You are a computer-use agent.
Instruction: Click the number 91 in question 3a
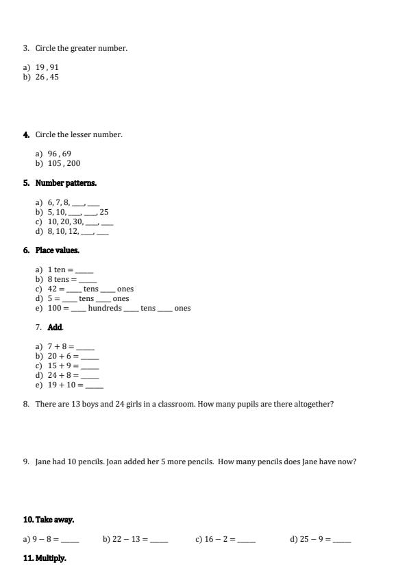pyautogui.click(x=54, y=67)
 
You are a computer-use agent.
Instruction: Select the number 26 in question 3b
pyautogui.click(x=40, y=77)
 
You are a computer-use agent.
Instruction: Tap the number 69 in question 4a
pyautogui.click(x=66, y=154)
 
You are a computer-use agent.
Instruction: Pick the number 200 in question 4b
pyautogui.click(x=74, y=163)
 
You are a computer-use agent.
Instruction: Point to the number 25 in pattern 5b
pyautogui.click(x=104, y=212)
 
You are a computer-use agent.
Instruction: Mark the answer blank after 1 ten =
pyautogui.click(x=84, y=270)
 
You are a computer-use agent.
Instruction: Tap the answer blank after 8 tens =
pyautogui.click(x=88, y=280)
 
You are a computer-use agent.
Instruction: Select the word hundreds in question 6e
pyautogui.click(x=105, y=309)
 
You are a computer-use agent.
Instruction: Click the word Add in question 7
pyautogui.click(x=55, y=327)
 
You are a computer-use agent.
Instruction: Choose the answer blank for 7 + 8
pyautogui.click(x=86, y=347)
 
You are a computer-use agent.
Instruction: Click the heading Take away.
pyautogui.click(x=55, y=520)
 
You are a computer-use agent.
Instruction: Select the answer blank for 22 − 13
pyautogui.click(x=159, y=540)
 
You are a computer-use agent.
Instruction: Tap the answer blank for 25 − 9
pyautogui.click(x=342, y=540)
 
